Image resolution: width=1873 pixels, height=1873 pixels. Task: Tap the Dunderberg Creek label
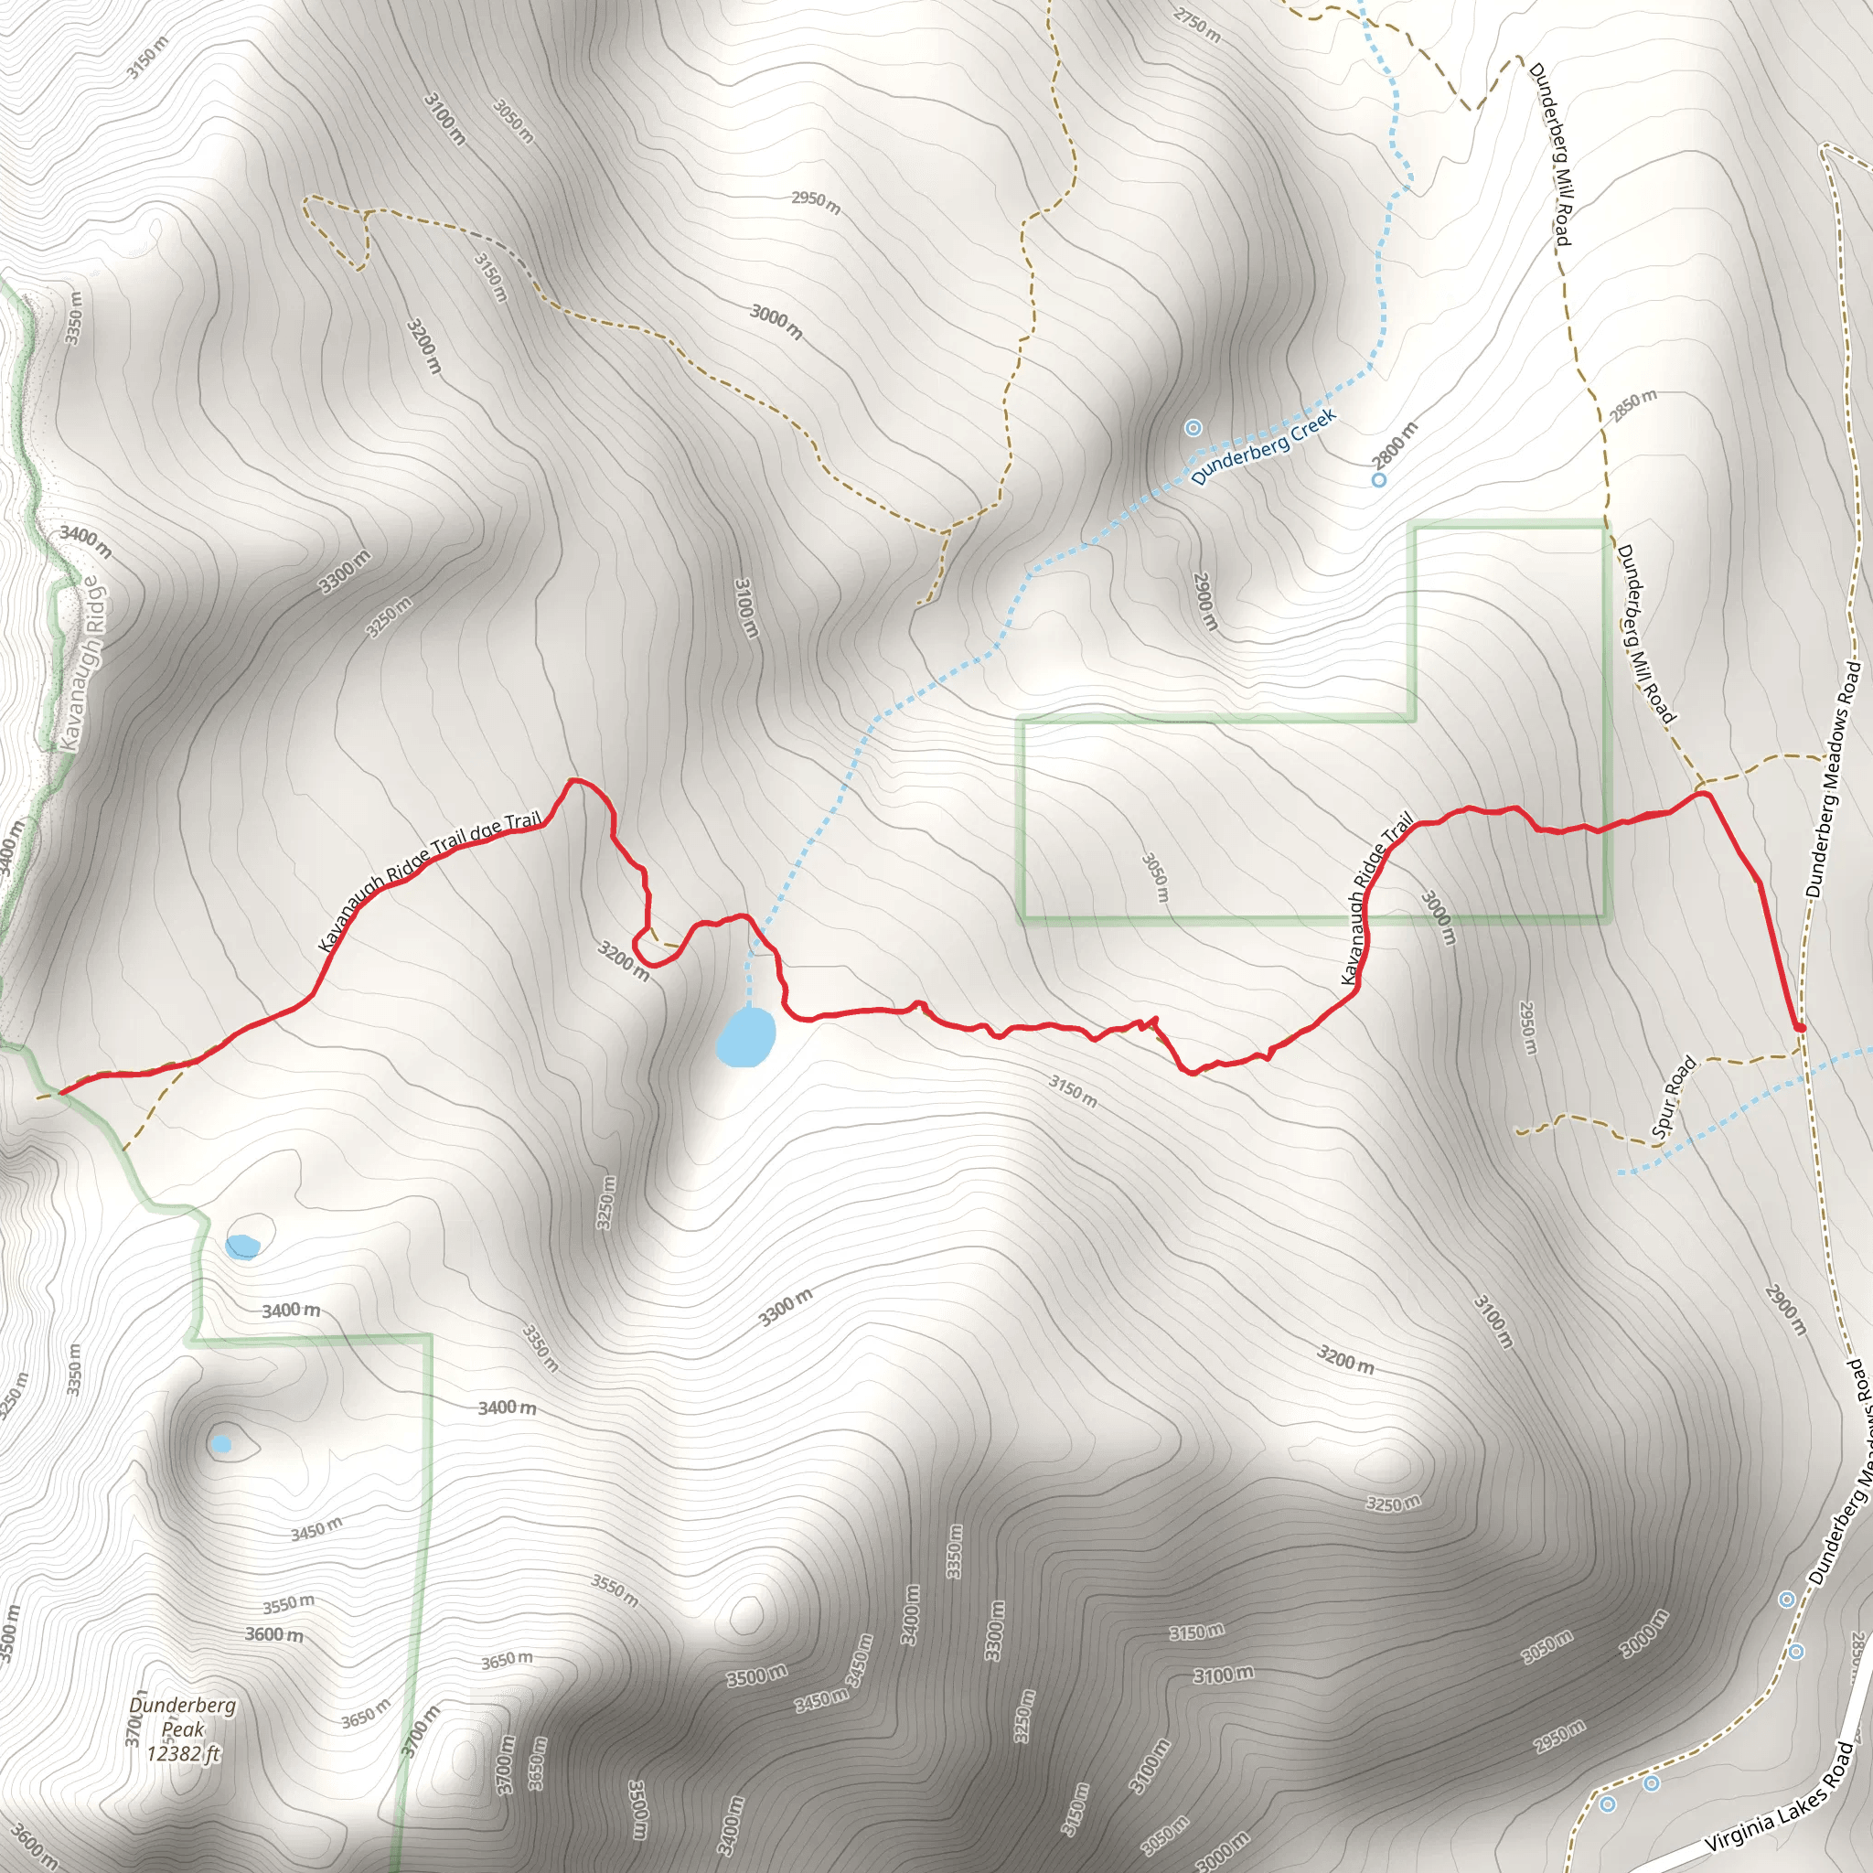[x=1263, y=446]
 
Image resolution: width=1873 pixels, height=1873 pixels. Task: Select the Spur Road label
[x=1675, y=1097]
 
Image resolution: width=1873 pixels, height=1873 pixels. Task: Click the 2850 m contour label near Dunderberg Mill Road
[x=1633, y=406]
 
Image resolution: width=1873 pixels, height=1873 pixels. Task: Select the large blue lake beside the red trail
[x=745, y=1036]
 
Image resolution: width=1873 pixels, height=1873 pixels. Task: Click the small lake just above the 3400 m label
[x=241, y=1246]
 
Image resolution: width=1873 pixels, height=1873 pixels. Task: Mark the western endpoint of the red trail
[x=60, y=1093]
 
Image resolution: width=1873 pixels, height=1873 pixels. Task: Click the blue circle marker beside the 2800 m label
[x=1378, y=480]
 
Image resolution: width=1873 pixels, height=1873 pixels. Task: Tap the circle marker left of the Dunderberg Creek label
[x=1193, y=427]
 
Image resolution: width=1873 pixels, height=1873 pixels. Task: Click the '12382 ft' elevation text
[x=183, y=1753]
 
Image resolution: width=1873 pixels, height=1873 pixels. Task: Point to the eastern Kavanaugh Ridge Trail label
[x=1375, y=899]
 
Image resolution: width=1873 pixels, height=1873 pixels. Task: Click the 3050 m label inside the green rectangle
[x=1156, y=877]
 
